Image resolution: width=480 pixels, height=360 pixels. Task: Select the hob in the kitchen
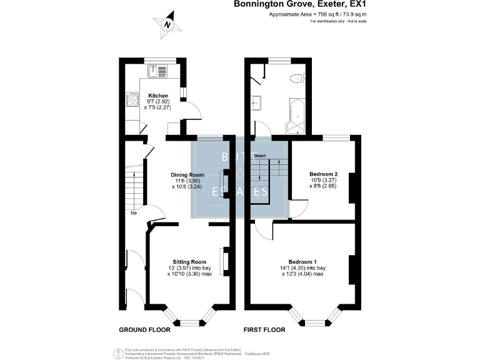tap(132, 100)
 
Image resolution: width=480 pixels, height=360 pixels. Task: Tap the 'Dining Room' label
tap(187, 174)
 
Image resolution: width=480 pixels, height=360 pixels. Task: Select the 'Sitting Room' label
tap(189, 261)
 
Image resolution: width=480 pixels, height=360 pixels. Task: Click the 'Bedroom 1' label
tap(302, 261)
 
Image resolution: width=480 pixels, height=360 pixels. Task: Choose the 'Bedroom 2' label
tap(324, 174)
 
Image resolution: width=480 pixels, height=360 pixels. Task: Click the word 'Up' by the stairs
tap(134, 213)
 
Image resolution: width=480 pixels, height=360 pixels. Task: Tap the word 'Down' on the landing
tap(259, 155)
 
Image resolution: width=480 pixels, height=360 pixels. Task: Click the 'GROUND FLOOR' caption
tap(144, 329)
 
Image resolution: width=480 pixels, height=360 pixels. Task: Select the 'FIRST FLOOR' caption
tap(264, 329)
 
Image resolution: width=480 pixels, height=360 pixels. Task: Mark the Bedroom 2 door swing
tap(296, 209)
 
